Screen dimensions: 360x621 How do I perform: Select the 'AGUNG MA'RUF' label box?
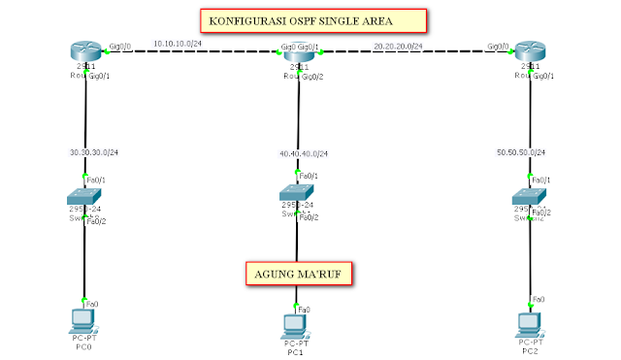click(x=298, y=273)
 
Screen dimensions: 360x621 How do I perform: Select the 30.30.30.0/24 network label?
click(x=93, y=152)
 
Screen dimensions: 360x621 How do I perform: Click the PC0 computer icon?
click(x=83, y=321)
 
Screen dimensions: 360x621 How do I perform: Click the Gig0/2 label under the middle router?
click(x=313, y=76)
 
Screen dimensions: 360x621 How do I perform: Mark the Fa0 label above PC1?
click(x=304, y=309)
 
